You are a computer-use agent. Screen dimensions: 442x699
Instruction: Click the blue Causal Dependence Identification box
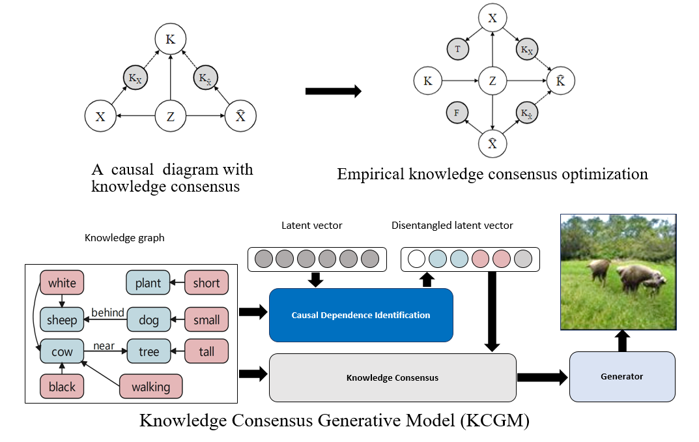[x=360, y=315]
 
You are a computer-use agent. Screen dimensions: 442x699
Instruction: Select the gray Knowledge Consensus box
[x=392, y=377]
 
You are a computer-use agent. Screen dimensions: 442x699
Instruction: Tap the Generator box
[x=621, y=376]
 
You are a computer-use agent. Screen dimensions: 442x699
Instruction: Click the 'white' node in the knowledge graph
[x=62, y=283]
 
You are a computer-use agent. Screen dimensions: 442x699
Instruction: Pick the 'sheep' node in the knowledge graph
[x=62, y=319]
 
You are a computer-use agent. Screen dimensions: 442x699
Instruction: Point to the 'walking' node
[x=150, y=387]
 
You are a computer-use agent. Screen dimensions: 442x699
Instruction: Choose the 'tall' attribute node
[x=207, y=351]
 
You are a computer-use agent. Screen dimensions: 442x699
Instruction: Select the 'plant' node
[x=148, y=283]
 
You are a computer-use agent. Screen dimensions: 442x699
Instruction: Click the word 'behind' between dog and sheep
[x=107, y=312]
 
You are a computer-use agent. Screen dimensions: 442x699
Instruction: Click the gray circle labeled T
[x=457, y=48]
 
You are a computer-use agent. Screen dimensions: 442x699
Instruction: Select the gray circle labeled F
[x=457, y=112]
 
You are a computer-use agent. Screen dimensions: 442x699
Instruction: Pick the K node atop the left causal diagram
[x=170, y=40]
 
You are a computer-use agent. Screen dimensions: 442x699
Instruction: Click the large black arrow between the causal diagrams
[x=333, y=91]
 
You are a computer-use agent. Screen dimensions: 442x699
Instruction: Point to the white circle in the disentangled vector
[x=416, y=259]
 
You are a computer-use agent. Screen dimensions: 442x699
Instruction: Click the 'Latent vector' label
[x=311, y=226]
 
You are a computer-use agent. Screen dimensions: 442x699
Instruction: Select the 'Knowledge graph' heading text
[x=124, y=238]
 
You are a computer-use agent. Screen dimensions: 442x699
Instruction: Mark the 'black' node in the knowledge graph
[x=62, y=387]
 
